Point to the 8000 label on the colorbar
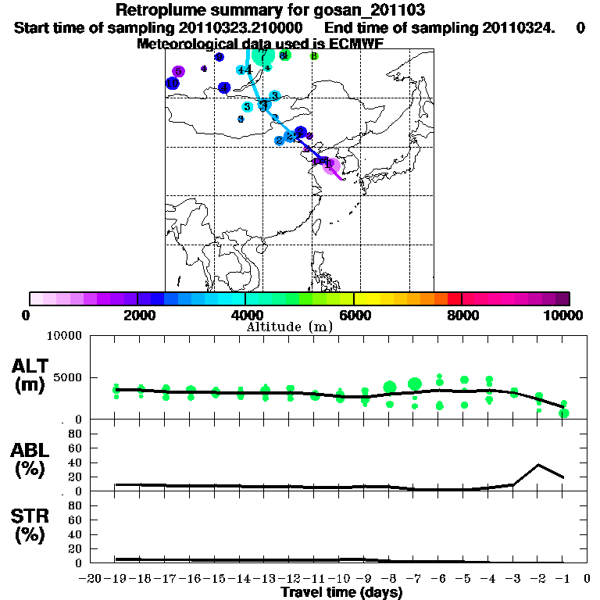click(x=462, y=315)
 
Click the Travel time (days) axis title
click(x=341, y=593)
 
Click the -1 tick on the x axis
click(x=563, y=578)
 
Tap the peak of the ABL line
click(x=539, y=465)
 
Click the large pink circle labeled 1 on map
click(x=331, y=164)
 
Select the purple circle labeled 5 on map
click(x=178, y=71)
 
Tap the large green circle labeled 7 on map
click(x=262, y=55)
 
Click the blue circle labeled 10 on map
click(x=172, y=83)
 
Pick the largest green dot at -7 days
click(x=415, y=384)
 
